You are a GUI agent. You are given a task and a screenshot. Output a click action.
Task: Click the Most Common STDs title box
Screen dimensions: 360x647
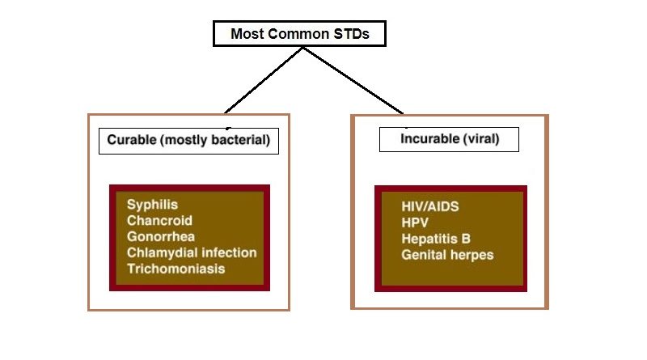299,34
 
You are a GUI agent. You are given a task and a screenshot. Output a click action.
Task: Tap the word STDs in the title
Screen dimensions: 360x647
352,34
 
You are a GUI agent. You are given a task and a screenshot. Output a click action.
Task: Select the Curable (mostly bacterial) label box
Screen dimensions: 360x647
188,141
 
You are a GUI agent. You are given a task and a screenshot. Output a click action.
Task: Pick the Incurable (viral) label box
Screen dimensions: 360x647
449,139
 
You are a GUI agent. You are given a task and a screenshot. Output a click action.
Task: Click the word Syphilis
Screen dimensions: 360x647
152,205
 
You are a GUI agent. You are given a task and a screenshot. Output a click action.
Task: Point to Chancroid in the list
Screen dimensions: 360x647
159,221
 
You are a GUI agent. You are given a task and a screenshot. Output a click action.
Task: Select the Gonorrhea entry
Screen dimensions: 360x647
161,237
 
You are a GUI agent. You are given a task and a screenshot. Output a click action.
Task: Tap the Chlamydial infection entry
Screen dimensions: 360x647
192,252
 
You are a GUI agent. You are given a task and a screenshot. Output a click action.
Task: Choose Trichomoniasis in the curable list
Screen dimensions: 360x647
175,269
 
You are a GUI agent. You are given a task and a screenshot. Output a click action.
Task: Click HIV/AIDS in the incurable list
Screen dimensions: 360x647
429,206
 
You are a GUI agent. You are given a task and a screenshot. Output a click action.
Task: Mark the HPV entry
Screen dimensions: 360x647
415,222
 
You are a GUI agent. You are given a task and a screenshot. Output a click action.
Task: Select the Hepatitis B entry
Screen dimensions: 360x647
436,239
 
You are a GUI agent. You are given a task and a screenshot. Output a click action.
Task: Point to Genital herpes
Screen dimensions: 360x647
447,255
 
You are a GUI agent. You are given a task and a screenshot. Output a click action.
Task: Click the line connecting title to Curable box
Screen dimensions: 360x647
263,79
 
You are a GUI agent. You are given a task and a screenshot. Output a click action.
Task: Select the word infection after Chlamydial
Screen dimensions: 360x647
227,252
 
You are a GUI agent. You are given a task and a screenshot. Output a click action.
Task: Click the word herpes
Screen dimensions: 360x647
472,255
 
